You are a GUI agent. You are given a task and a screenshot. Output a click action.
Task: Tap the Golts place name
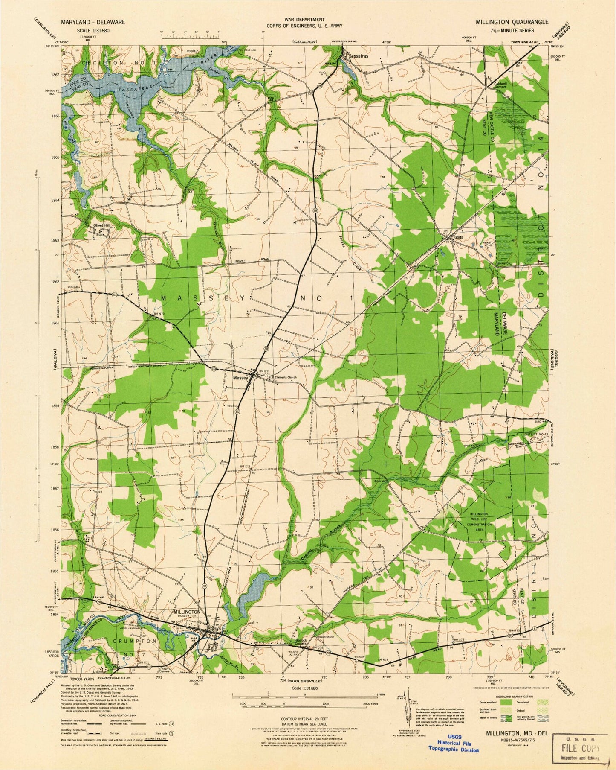pyautogui.click(x=458, y=237)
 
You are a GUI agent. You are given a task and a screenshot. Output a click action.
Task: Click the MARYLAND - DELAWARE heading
pyautogui.click(x=93, y=22)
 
